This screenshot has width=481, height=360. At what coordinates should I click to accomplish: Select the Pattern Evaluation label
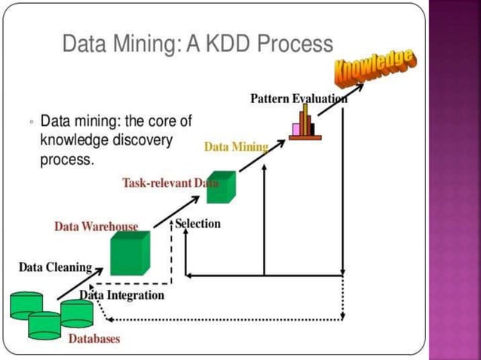[x=299, y=99]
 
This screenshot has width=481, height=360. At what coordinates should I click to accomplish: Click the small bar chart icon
[x=305, y=124]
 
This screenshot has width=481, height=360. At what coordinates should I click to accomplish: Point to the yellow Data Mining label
[x=235, y=147]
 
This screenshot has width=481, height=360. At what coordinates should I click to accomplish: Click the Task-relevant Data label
[x=170, y=183]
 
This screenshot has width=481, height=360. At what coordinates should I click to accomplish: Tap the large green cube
[x=130, y=253]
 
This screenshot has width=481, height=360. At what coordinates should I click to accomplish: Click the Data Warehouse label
[x=96, y=226]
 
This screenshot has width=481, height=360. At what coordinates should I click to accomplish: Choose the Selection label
[x=198, y=224]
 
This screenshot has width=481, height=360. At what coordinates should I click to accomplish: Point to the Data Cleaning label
[x=55, y=267]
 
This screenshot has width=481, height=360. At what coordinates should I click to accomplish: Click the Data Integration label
[x=122, y=294]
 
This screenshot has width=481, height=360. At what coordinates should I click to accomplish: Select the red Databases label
[x=94, y=339]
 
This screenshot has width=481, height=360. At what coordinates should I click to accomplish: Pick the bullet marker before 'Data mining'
[x=31, y=122]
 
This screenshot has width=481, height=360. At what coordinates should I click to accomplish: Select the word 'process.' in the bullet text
[x=66, y=160]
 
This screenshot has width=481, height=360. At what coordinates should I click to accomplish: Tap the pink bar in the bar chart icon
[x=296, y=129]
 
